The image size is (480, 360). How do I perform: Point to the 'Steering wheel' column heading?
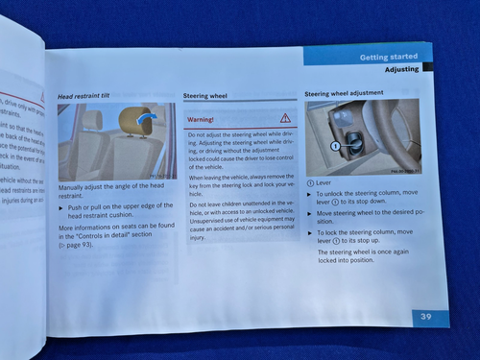tap(206, 96)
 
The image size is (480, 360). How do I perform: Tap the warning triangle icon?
tap(284, 117)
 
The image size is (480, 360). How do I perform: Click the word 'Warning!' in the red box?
tap(201, 118)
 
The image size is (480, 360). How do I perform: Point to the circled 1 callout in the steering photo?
tap(335, 146)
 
